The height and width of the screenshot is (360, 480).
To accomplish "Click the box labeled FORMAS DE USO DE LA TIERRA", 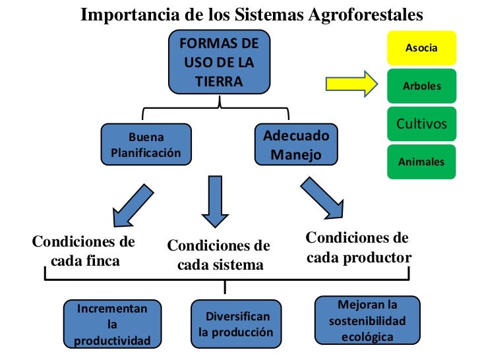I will [219, 63].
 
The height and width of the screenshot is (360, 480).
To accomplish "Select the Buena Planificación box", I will [146, 145].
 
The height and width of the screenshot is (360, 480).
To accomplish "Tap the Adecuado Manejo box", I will [296, 146].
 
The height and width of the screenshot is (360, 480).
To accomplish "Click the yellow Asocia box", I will [421, 48].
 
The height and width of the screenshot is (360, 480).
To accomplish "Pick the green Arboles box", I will [421, 86].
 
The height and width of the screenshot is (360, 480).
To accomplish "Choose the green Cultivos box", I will [421, 123].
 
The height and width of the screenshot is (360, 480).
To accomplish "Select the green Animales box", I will [421, 161].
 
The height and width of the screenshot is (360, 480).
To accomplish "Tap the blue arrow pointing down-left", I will [136, 205].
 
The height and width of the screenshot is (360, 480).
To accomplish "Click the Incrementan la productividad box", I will [112, 324].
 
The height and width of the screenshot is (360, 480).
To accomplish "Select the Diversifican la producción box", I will [235, 324].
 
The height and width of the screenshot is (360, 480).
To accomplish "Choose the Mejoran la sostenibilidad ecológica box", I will [367, 320].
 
